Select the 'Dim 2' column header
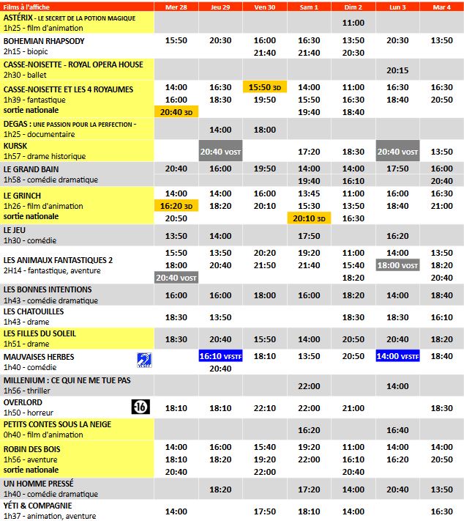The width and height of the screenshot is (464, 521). [353, 7]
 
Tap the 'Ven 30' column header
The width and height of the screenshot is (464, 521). [264, 7]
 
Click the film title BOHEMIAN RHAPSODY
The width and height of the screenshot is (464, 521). [44, 41]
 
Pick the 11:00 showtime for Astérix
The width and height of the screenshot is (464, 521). [353, 23]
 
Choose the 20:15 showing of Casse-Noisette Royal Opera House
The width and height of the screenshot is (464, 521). [397, 70]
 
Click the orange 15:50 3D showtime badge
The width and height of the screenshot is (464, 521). [264, 87]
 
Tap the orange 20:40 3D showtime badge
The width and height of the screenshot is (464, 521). [176, 112]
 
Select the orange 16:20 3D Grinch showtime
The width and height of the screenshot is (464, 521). [176, 207]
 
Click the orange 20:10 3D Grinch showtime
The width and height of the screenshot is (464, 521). [309, 218]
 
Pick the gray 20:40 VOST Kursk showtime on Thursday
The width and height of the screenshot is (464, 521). [220, 152]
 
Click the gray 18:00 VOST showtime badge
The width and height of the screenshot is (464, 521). [397, 265]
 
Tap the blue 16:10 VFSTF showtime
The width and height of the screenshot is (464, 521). [220, 356]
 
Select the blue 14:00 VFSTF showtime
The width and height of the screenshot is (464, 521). [397, 356]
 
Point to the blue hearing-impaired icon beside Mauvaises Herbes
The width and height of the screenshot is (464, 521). [144, 359]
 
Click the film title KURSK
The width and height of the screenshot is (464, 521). [15, 146]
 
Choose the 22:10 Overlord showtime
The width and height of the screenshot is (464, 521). [264, 408]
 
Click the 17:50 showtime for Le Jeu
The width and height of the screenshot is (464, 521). [309, 236]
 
